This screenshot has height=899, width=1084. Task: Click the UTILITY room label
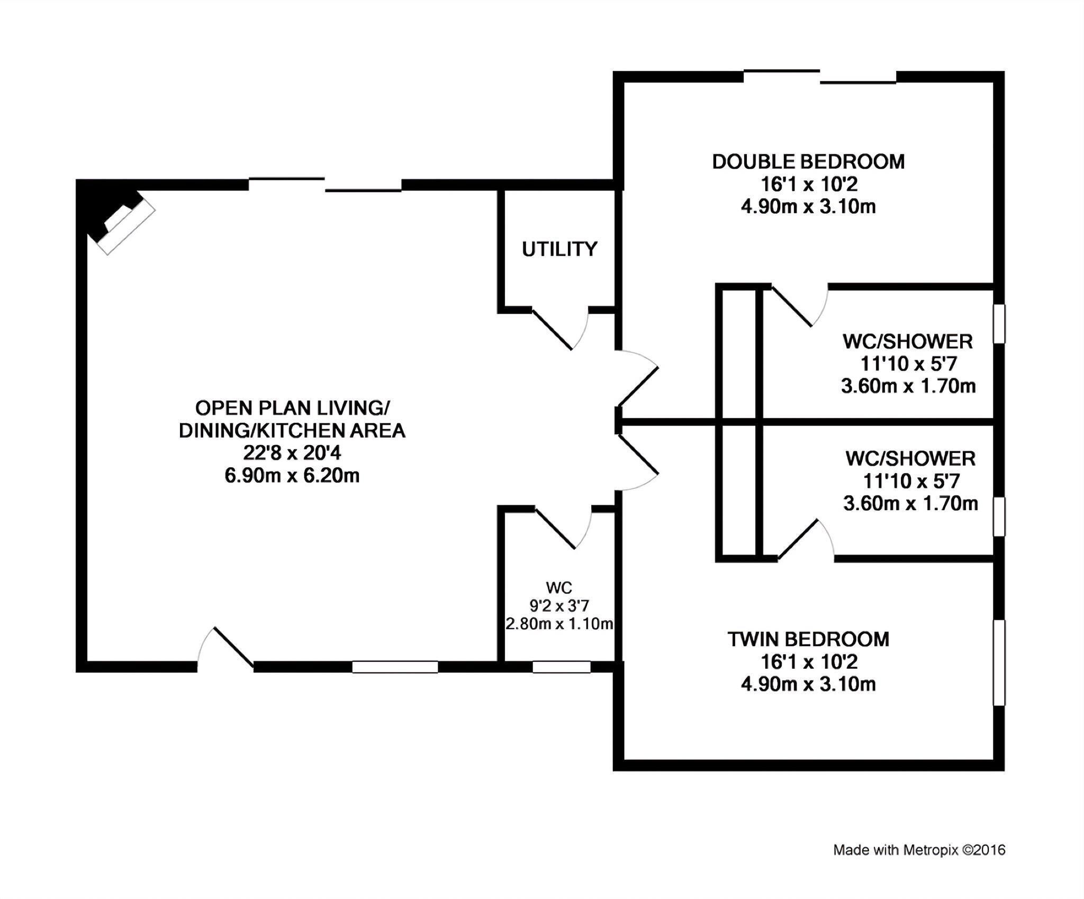(559, 249)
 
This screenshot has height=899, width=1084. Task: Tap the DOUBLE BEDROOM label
(808, 161)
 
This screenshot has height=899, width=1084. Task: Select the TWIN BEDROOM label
(808, 639)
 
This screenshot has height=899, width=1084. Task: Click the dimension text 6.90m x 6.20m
(292, 475)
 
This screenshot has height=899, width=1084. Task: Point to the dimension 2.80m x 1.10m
(559, 624)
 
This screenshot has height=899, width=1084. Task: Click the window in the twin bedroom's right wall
(999, 662)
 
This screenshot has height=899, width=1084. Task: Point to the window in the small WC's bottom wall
(561, 667)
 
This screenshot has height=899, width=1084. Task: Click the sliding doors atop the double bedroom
(819, 77)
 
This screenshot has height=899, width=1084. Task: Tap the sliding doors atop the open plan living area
(325, 185)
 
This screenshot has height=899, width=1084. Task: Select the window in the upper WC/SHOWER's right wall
(999, 323)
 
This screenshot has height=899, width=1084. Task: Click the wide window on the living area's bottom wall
(395, 667)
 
